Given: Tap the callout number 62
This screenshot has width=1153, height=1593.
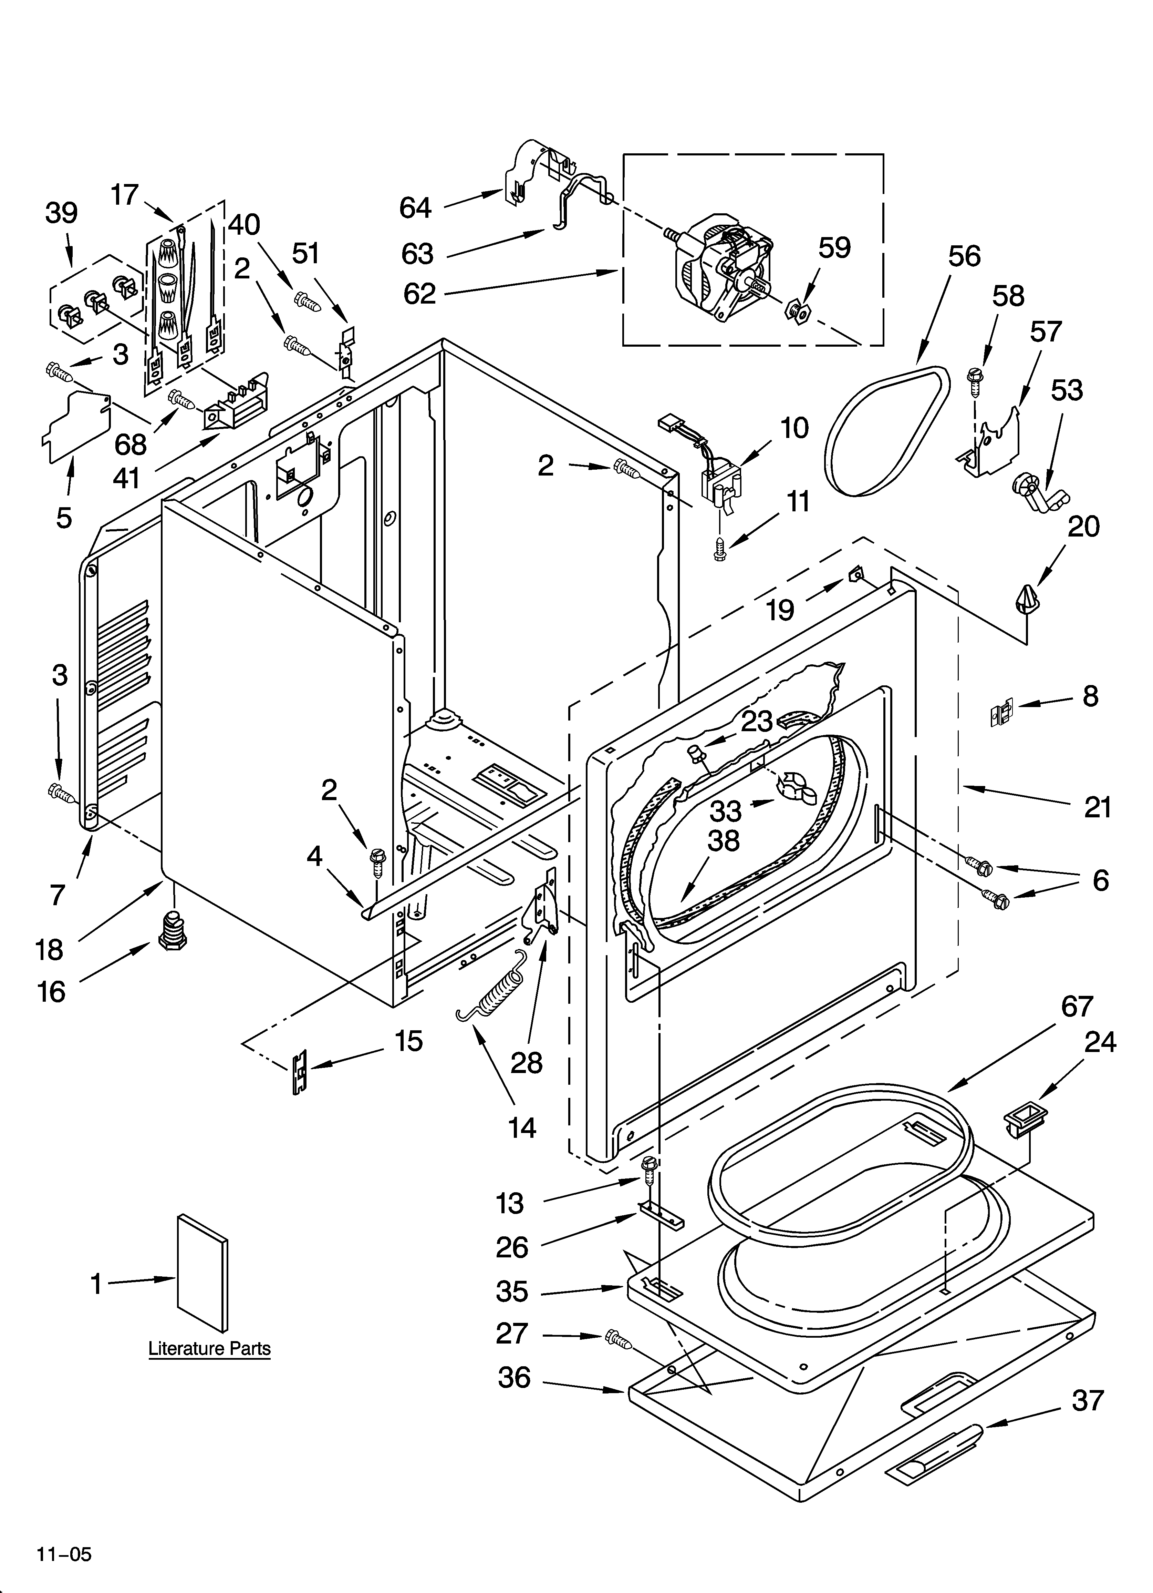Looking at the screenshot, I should coord(419,294).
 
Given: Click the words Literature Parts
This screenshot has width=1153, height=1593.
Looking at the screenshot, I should coord(209,1349).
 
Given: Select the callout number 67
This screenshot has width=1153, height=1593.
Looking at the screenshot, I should coord(1077,1007).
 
